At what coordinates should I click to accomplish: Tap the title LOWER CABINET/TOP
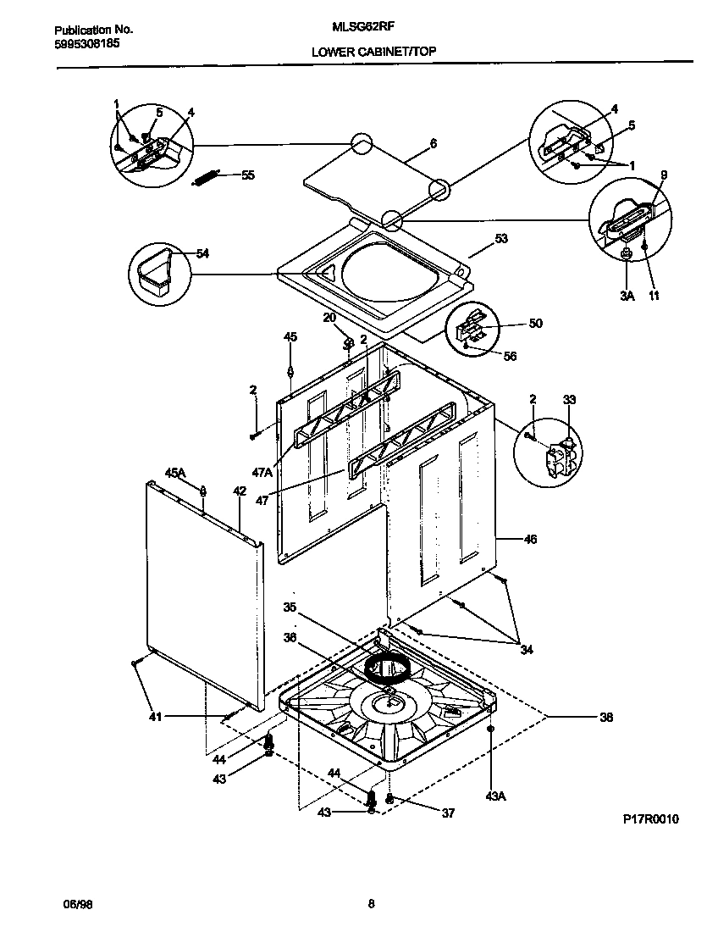coord(373,52)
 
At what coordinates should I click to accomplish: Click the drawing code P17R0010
coord(651,819)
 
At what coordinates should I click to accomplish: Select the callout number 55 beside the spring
coord(247,175)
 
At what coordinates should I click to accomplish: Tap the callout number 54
coord(202,253)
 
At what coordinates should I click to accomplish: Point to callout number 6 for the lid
coord(433,144)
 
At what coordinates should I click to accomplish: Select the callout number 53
coord(500,240)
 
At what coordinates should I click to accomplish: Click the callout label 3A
coord(627,296)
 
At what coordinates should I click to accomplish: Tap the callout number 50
coord(535,323)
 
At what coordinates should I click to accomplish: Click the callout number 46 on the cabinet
coord(530,539)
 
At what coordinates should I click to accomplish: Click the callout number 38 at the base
coord(605,718)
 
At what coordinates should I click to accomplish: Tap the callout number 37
coord(448,813)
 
